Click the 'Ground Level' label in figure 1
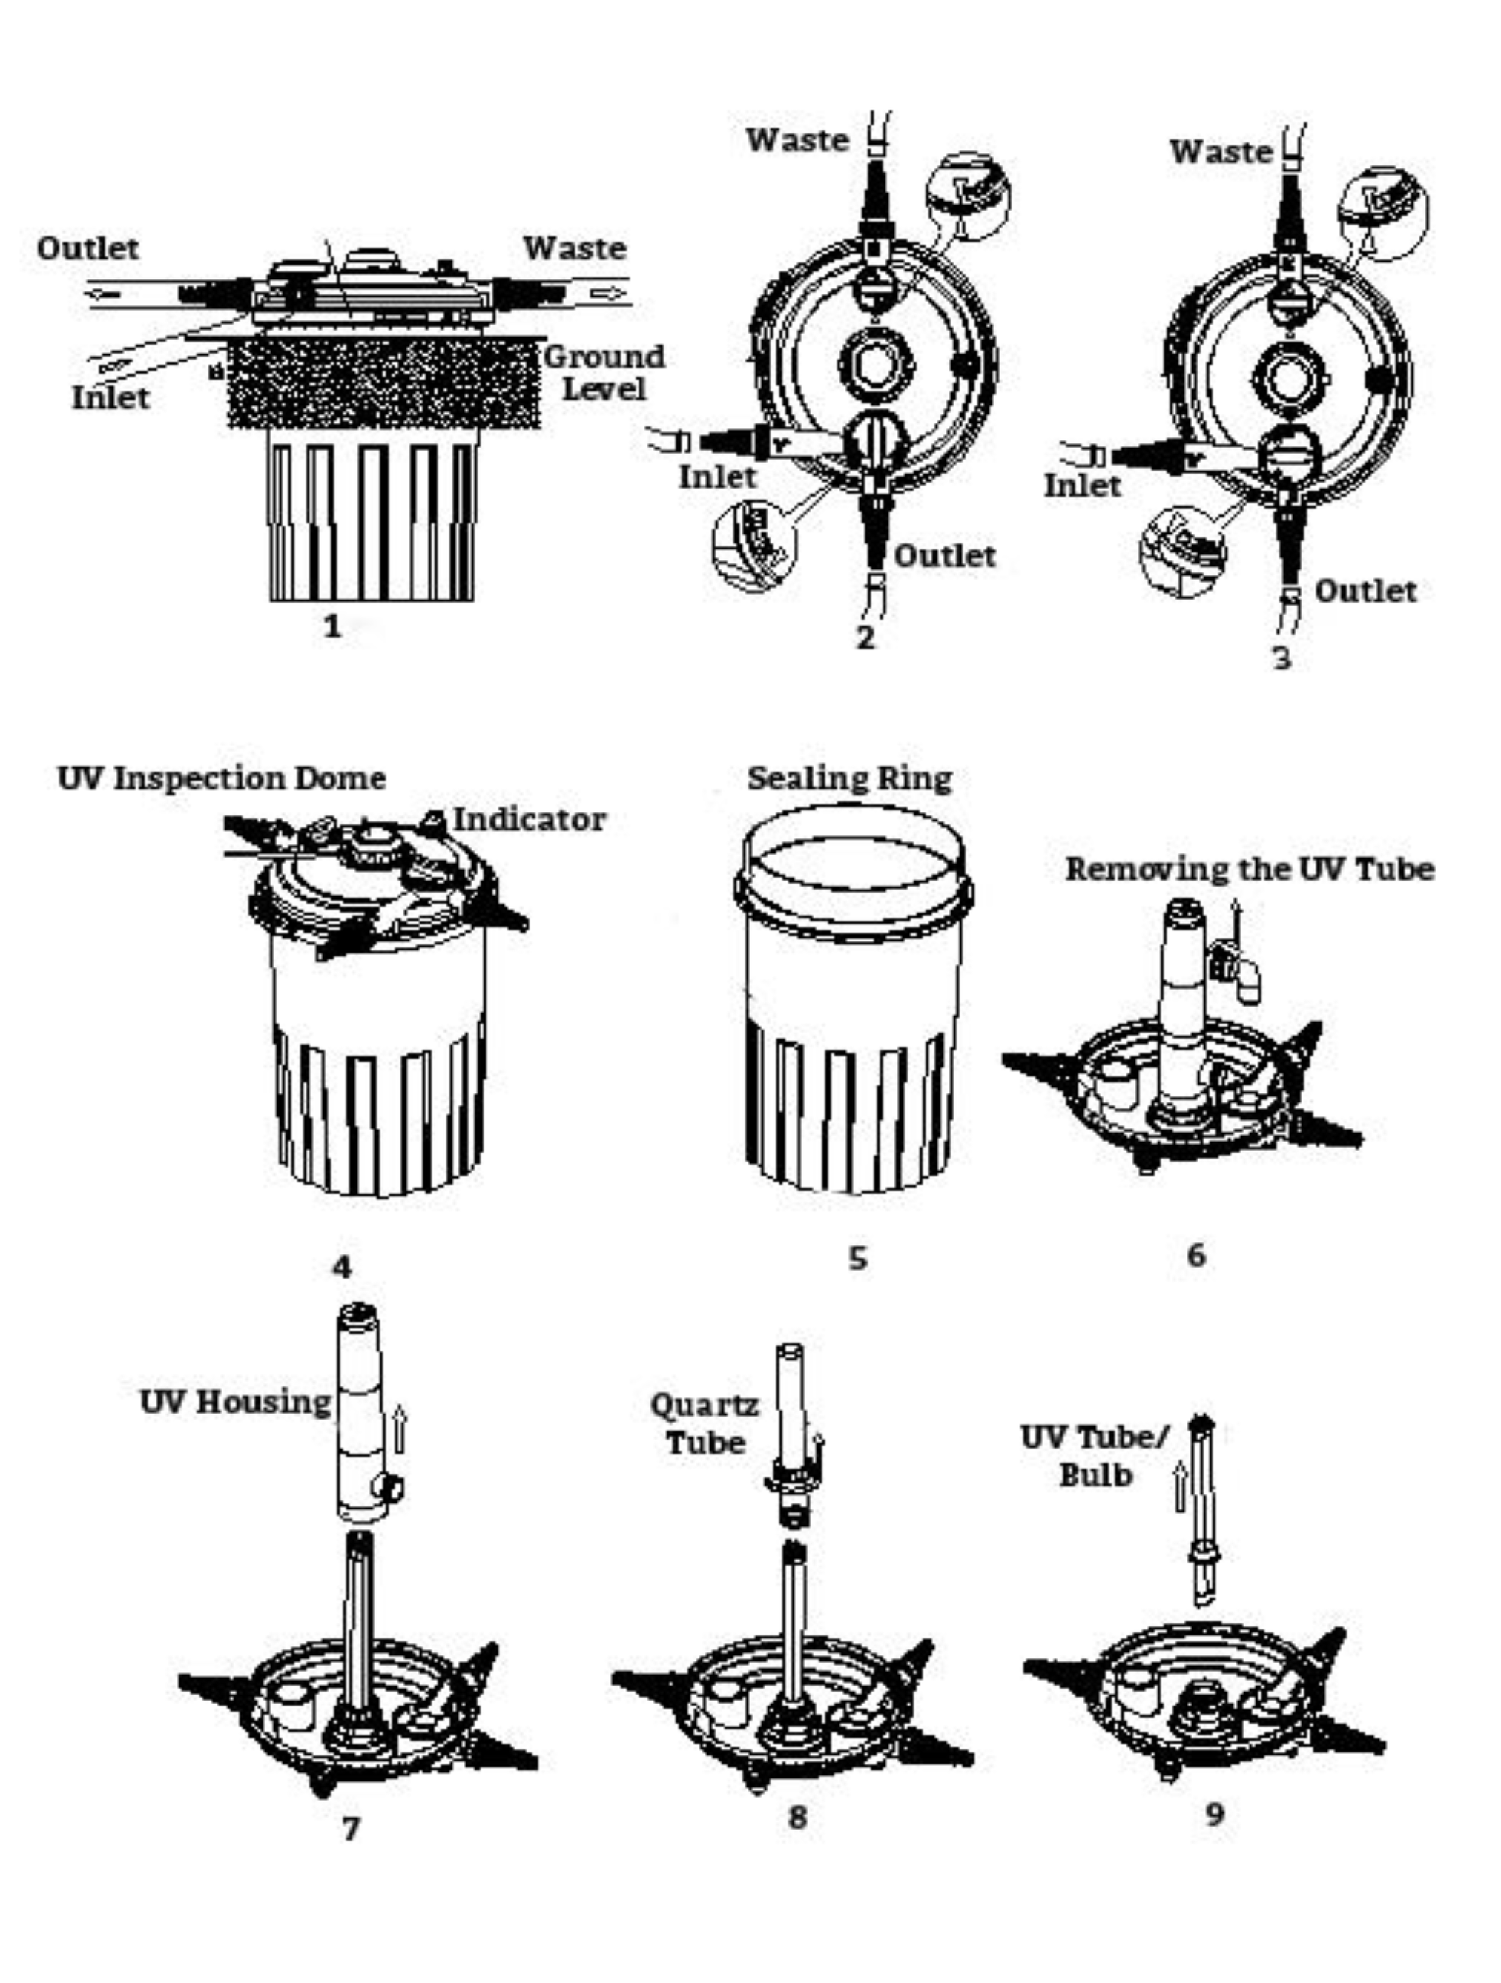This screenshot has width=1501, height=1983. pyautogui.click(x=604, y=372)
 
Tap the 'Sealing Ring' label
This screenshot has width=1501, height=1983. pyautogui.click(x=849, y=778)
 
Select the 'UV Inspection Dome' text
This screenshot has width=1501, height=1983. pyautogui.click(x=222, y=778)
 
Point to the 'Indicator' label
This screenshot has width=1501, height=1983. pyautogui.click(x=529, y=819)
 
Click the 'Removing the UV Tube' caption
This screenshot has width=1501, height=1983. pyautogui.click(x=1249, y=869)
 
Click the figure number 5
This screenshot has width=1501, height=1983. pyautogui.click(x=858, y=1258)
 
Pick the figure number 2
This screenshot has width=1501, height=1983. pyautogui.click(x=865, y=638)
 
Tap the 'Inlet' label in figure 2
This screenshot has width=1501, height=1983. pyautogui.click(x=716, y=477)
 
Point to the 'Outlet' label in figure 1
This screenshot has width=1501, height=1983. pyautogui.click(x=88, y=248)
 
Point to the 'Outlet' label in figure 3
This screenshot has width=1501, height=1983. pyautogui.click(x=1365, y=591)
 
